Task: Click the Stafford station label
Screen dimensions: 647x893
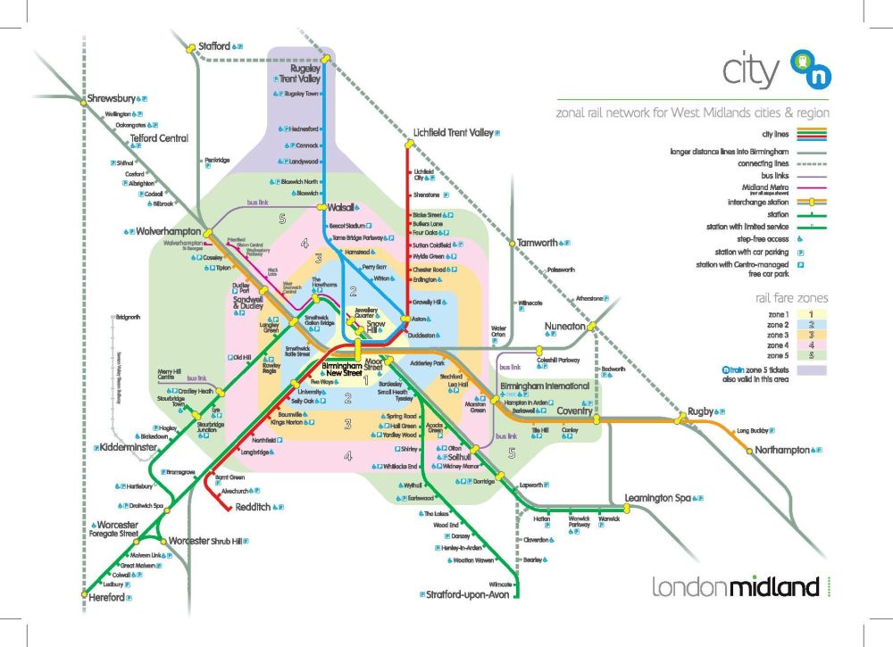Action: point(214,46)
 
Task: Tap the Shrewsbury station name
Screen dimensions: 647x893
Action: point(110,98)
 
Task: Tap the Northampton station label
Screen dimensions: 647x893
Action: point(788,450)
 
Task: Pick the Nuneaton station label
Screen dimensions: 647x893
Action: point(565,327)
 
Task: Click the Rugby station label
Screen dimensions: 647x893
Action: point(702,411)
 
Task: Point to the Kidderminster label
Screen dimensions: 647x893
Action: point(129,445)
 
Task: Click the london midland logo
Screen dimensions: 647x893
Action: point(735,587)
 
